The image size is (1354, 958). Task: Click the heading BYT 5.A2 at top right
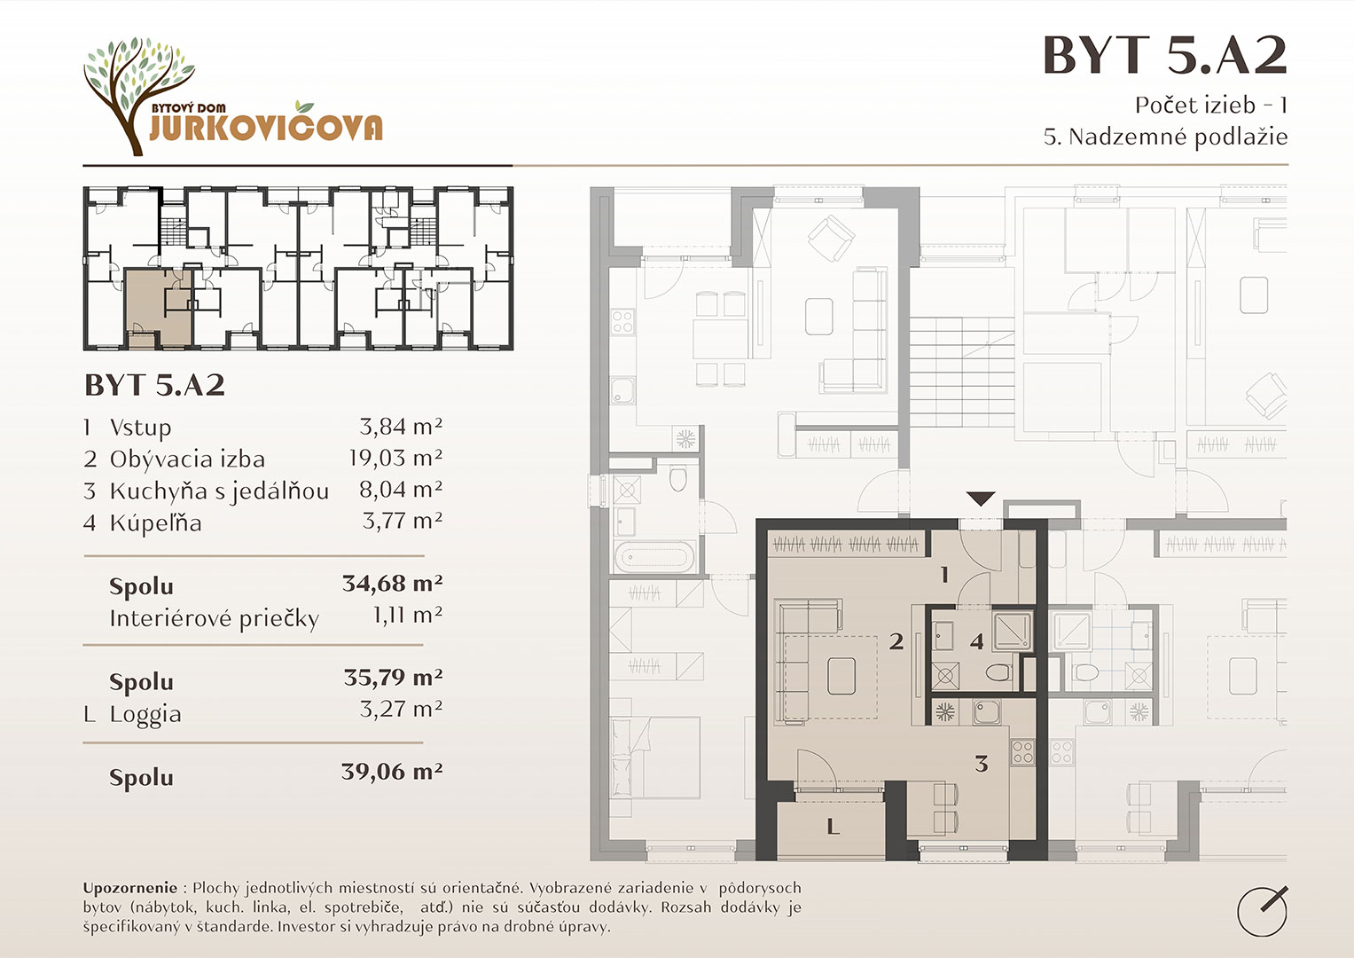[x=1165, y=55]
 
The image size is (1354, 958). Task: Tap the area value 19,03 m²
[x=395, y=458]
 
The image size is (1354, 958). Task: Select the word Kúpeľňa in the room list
[x=155, y=523]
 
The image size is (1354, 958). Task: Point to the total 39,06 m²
[x=392, y=771]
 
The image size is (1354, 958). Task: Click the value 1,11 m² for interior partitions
[x=407, y=615]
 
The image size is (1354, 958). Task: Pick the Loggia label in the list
[x=145, y=714]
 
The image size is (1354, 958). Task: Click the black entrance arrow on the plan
[x=981, y=499]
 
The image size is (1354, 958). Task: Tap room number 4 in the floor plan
[x=976, y=641]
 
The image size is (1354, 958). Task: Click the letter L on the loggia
[x=833, y=826]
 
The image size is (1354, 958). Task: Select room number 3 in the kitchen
[x=981, y=764]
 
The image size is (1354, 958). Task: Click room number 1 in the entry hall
[x=944, y=575]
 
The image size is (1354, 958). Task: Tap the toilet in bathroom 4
[x=999, y=672]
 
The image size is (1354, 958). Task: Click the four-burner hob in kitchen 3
[x=1022, y=753]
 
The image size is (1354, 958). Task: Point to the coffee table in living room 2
[x=841, y=676]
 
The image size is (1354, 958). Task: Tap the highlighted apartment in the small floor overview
[x=159, y=309]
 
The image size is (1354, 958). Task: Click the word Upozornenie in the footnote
[x=130, y=888]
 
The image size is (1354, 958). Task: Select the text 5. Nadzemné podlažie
[x=1165, y=137]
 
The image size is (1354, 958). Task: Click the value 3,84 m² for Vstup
[x=401, y=427]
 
